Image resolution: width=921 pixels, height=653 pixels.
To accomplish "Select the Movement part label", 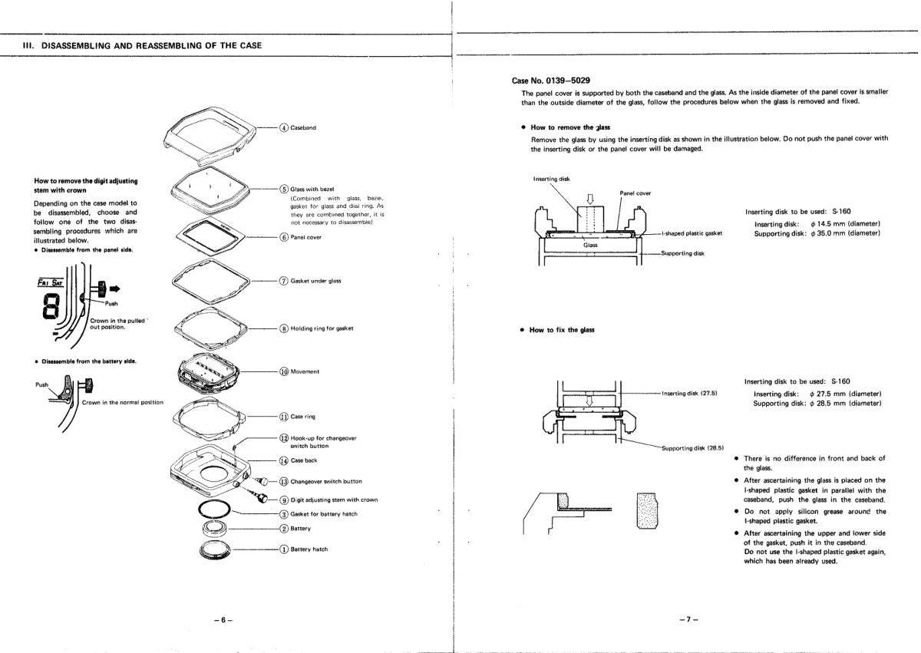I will click(x=305, y=371).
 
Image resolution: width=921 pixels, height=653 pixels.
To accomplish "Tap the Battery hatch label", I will click(x=309, y=549).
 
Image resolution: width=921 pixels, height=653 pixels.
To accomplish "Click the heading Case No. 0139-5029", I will click(x=551, y=80).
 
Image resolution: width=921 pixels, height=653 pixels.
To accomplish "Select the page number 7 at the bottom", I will click(x=688, y=618).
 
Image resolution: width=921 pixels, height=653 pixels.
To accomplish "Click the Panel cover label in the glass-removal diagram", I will click(x=635, y=193).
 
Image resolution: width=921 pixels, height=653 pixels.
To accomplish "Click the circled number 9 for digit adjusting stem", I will click(x=283, y=500).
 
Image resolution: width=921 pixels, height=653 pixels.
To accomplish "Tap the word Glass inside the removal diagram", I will click(x=590, y=245).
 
